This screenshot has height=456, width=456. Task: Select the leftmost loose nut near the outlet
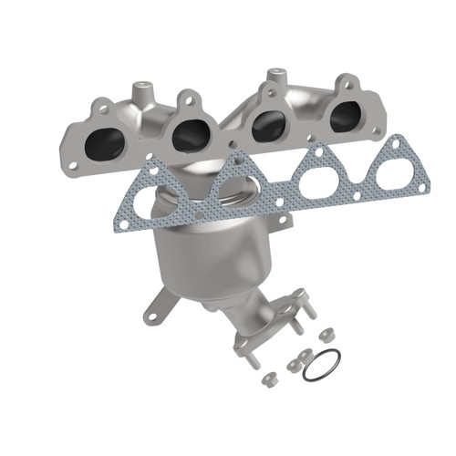267,377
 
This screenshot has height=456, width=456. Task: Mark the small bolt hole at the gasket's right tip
423,187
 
